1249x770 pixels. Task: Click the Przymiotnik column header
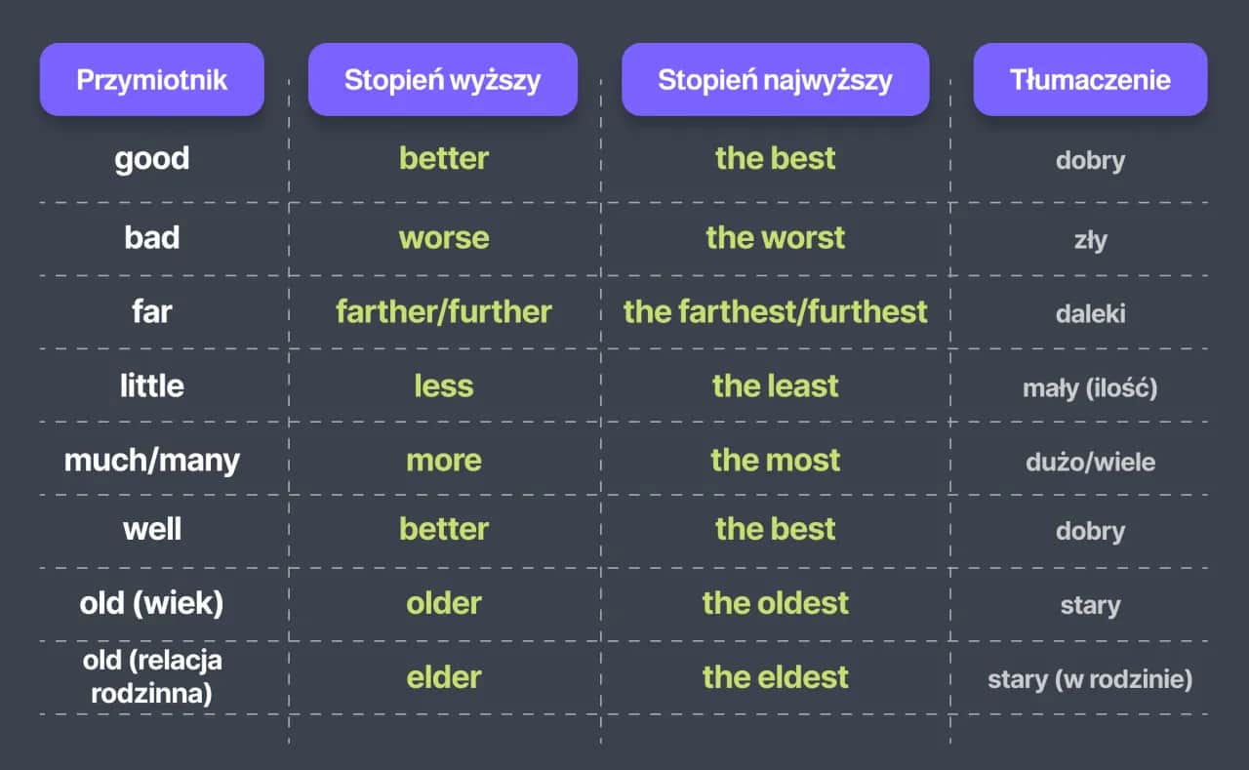tap(151, 79)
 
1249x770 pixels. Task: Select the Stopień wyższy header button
tap(443, 79)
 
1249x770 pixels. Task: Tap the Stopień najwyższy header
tap(775, 79)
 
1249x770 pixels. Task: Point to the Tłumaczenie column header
tap(1090, 79)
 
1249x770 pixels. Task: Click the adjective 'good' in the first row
tap(151, 159)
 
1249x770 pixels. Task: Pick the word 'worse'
tap(444, 238)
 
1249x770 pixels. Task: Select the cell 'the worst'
tap(775, 237)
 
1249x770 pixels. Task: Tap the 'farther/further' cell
tap(444, 311)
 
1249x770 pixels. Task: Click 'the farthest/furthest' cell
tap(775, 311)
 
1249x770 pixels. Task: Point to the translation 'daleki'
tap(1090, 313)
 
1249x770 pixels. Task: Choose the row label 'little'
tap(151, 385)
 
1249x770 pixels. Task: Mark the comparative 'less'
tap(444, 385)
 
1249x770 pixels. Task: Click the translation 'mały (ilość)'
tap(1090, 388)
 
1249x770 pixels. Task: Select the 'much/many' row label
tap(151, 461)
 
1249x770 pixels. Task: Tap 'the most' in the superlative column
tap(775, 460)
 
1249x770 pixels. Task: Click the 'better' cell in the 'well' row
tap(444, 529)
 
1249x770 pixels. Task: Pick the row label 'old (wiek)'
tap(151, 603)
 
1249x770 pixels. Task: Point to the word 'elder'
tap(444, 677)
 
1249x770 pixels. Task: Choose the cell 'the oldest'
tap(775, 603)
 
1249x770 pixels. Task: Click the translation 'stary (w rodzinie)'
tap(1090, 679)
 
